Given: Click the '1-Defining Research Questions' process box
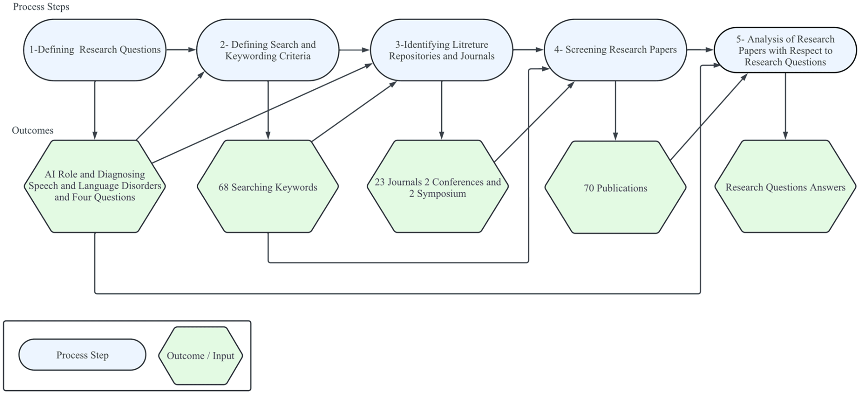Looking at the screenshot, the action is pos(94,50).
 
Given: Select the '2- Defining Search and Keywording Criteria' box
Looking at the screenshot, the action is pos(268,50).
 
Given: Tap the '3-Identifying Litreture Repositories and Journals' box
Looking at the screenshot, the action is pos(442,50).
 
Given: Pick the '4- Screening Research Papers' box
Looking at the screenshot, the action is pos(615,50).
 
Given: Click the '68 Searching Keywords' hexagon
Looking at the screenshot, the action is pos(268,186).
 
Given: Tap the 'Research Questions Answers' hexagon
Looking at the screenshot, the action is pos(785,186).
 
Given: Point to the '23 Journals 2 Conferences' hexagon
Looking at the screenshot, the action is pos(438,186).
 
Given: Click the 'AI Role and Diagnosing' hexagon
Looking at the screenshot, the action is pos(94,186).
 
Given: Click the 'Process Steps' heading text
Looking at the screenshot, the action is pos(41,7).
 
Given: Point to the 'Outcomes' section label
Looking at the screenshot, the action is pos(33,130).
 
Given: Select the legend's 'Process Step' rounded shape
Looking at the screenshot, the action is pos(82,355).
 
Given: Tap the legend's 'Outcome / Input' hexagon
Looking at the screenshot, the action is pos(200,355).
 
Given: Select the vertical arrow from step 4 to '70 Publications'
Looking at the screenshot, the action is pos(615,110).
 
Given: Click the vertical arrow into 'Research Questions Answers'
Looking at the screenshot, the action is pos(785,106).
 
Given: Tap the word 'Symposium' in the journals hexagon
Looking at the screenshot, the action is pos(441,194).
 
